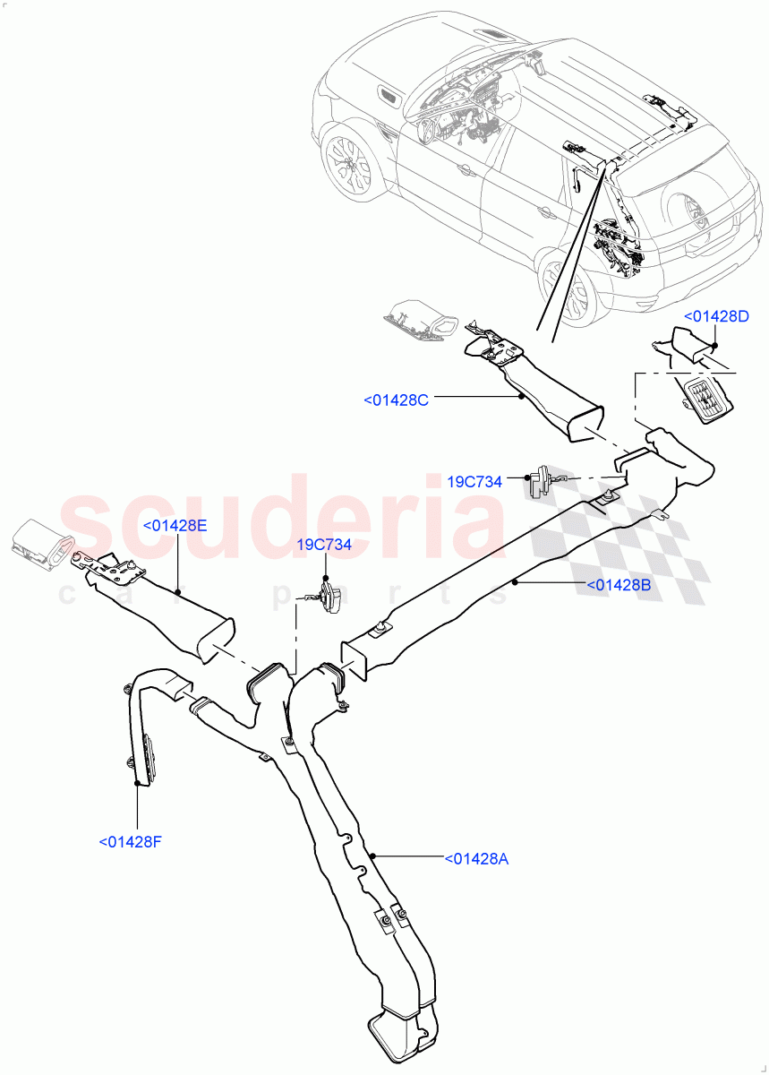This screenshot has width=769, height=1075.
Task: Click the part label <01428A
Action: tap(476, 859)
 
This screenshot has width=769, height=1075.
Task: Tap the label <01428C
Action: tap(396, 400)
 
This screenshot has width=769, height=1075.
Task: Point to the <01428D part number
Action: tap(716, 316)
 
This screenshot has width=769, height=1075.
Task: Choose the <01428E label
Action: tap(175, 525)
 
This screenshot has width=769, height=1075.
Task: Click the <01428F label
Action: tap(130, 841)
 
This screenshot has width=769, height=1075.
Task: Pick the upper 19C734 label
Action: tap(486, 482)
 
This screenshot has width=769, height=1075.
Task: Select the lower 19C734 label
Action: tap(324, 544)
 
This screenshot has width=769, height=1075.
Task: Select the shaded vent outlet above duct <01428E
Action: tap(40, 544)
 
